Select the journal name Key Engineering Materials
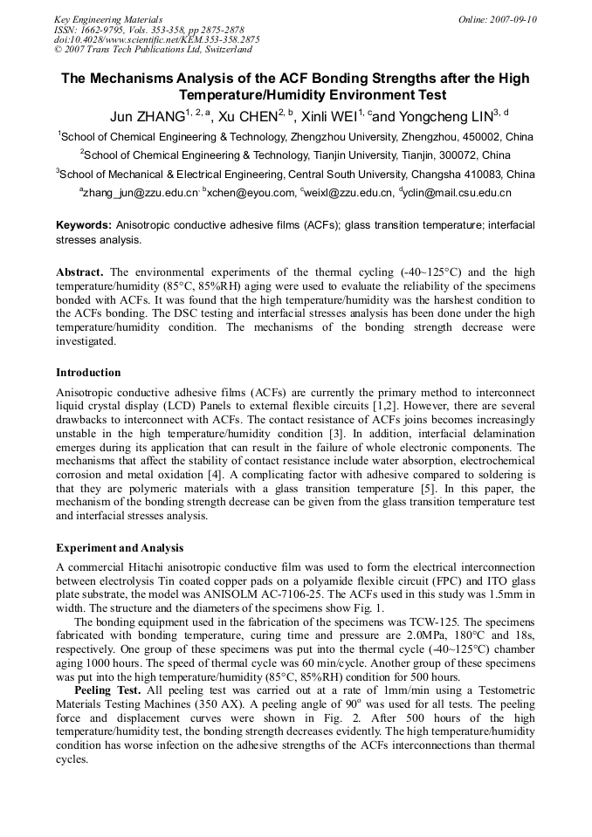tap(108, 19)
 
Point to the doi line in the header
tap(156, 39)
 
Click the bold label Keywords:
tap(84, 225)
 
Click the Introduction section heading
tap(88, 373)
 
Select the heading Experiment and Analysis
tap(120, 548)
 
